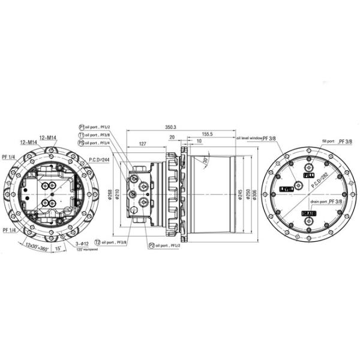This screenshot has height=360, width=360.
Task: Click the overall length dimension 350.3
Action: [171, 127]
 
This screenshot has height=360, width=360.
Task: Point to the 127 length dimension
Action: [143, 144]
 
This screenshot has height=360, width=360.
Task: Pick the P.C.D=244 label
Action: [99, 160]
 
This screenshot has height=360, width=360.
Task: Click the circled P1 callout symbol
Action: [82, 127]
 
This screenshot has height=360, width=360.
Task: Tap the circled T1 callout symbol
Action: [82, 135]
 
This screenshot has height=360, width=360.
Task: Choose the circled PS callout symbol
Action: [82, 143]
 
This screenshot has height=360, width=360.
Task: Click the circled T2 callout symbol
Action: [97, 242]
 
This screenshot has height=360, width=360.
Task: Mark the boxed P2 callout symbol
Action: [150, 245]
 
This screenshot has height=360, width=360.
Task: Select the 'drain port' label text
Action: [319, 202]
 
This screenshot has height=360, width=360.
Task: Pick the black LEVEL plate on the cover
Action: [286, 189]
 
